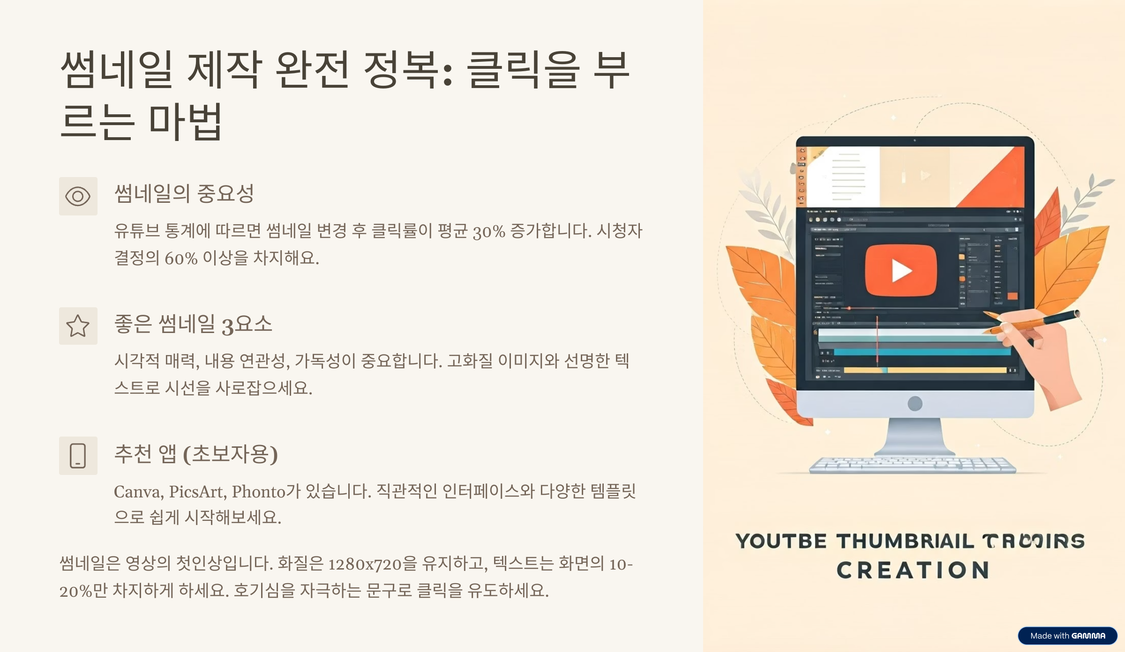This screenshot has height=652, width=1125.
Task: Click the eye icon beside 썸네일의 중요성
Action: click(x=78, y=196)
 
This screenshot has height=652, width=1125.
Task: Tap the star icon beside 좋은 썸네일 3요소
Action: click(x=78, y=326)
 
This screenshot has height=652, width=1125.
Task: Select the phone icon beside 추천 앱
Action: click(x=78, y=456)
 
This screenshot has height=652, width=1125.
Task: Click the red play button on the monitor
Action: click(x=900, y=271)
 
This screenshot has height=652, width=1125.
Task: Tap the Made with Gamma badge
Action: click(x=1067, y=636)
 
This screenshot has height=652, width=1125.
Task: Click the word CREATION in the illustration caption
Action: click(x=913, y=570)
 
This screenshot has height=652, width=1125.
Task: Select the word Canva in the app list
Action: click(x=138, y=492)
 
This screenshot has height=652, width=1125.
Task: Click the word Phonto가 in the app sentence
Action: click(x=266, y=492)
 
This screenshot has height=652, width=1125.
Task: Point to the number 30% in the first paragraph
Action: click(x=488, y=231)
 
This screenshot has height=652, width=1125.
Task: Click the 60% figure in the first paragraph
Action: click(x=180, y=259)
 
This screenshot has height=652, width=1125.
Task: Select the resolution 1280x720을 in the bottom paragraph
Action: click(x=372, y=564)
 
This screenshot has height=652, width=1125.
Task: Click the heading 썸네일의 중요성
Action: click(x=184, y=193)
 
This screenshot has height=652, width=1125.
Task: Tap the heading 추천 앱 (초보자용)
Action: click(x=196, y=453)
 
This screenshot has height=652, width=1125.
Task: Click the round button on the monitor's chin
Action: click(x=915, y=403)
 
